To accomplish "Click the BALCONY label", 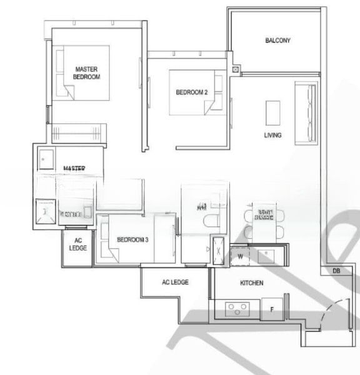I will (x=277, y=41).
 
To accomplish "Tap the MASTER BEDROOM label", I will (x=87, y=72).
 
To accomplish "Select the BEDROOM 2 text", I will (x=191, y=92).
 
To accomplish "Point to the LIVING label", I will (x=272, y=135).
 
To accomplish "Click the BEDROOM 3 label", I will (x=132, y=239).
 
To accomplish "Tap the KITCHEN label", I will (x=252, y=283).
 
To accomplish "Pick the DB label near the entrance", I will (x=336, y=271).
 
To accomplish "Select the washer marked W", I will (x=239, y=255).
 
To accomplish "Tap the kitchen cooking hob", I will (x=238, y=307).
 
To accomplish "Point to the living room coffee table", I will (x=273, y=113).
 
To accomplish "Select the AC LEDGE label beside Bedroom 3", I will (x=78, y=244).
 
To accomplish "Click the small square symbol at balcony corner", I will (x=235, y=70).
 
